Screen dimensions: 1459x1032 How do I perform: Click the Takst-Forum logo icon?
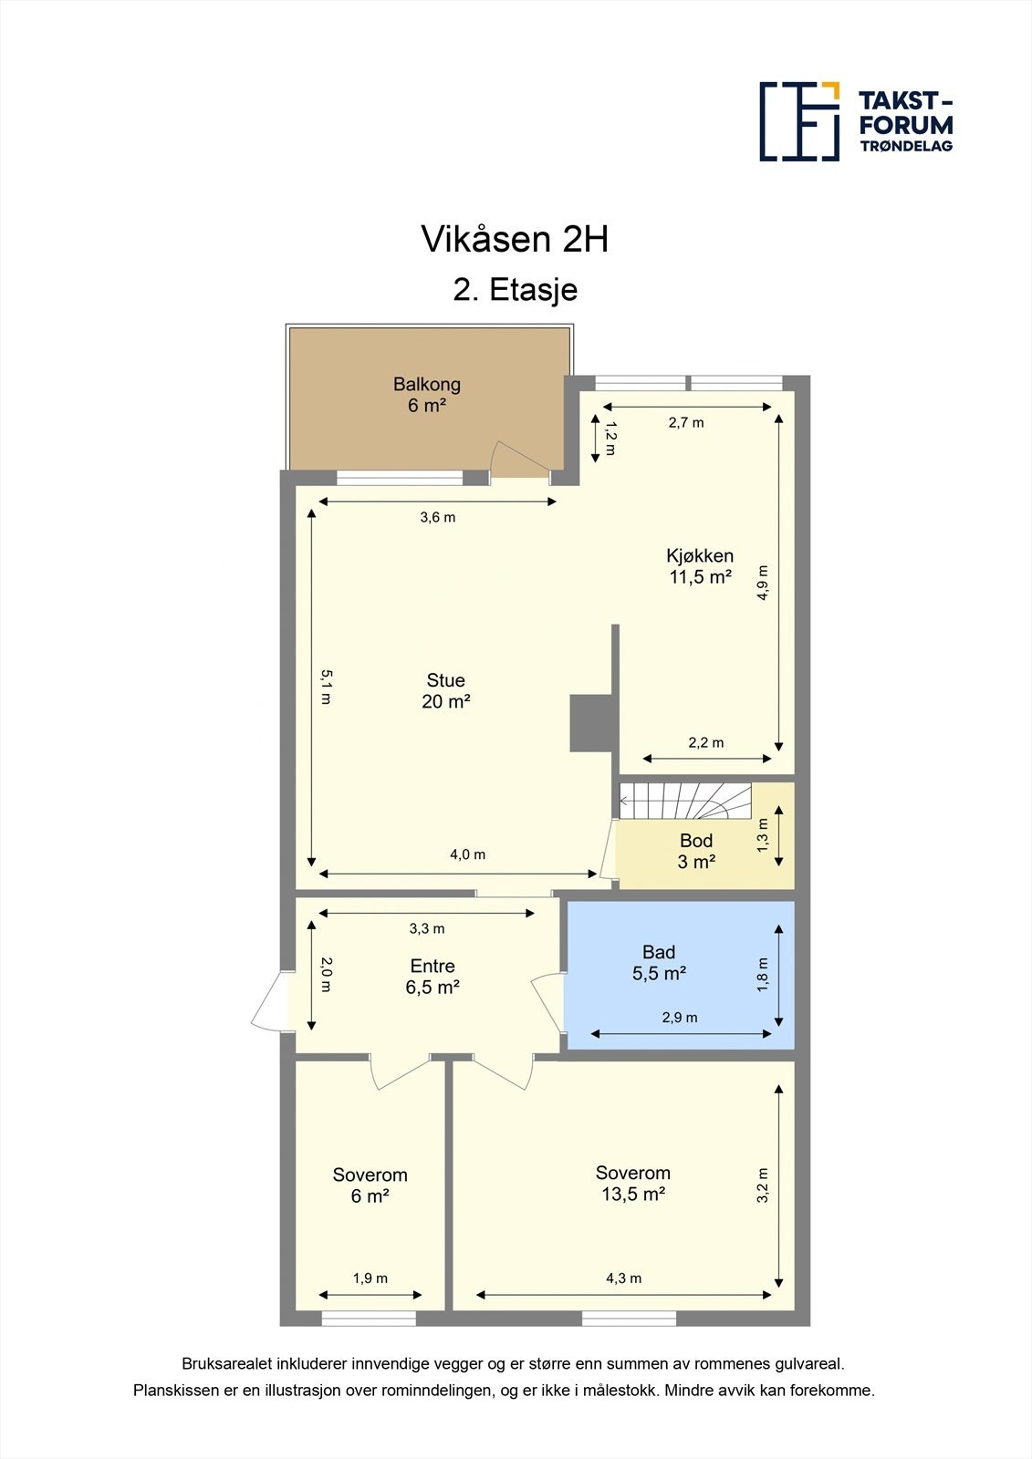click(x=799, y=121)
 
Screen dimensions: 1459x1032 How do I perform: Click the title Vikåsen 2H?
click(x=515, y=239)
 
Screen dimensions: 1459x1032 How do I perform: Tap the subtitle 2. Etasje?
click(x=516, y=290)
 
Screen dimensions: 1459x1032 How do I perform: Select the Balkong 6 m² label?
click(x=426, y=395)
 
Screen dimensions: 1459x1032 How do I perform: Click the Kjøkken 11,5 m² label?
click(x=700, y=566)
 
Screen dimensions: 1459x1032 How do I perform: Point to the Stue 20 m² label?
click(x=445, y=690)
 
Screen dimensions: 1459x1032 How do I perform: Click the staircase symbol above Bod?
click(x=685, y=802)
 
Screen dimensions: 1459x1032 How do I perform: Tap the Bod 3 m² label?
click(x=695, y=851)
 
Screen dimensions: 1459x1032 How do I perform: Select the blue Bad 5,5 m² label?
click(x=659, y=963)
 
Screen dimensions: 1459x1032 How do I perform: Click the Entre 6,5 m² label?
click(x=432, y=976)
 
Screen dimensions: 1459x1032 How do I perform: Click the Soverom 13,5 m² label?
click(x=632, y=1184)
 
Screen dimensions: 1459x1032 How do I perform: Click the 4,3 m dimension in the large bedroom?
click(x=623, y=1278)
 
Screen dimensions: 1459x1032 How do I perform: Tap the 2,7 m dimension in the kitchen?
click(x=686, y=422)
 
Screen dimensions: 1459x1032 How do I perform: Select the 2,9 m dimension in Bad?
click(x=680, y=1018)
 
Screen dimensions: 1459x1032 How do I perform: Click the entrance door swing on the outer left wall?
click(x=269, y=1002)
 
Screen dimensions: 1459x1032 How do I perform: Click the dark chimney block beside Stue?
click(x=590, y=723)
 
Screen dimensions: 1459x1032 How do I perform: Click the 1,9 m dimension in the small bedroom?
click(x=370, y=1278)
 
